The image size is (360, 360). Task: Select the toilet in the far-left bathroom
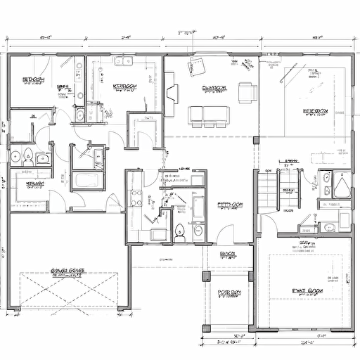[x=26, y=156]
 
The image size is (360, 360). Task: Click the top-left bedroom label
[x=33, y=80]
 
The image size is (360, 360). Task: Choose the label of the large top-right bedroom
[x=316, y=110]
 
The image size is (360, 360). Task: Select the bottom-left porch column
[x=205, y=328]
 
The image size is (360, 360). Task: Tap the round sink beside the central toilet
[x=195, y=228]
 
